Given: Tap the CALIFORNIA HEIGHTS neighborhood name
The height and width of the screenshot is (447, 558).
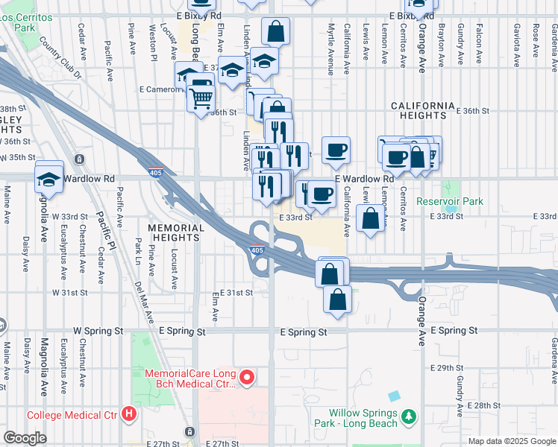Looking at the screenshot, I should (x=423, y=110).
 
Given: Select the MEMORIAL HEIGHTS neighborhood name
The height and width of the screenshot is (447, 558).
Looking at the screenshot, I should (x=175, y=232).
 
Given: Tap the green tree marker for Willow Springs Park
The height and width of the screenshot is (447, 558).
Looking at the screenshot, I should (x=408, y=419).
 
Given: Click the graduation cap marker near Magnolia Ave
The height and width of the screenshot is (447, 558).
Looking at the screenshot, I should (x=49, y=179).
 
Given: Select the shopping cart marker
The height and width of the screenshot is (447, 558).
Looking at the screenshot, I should (x=201, y=97).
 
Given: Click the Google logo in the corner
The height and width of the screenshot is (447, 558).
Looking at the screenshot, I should (x=25, y=438).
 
